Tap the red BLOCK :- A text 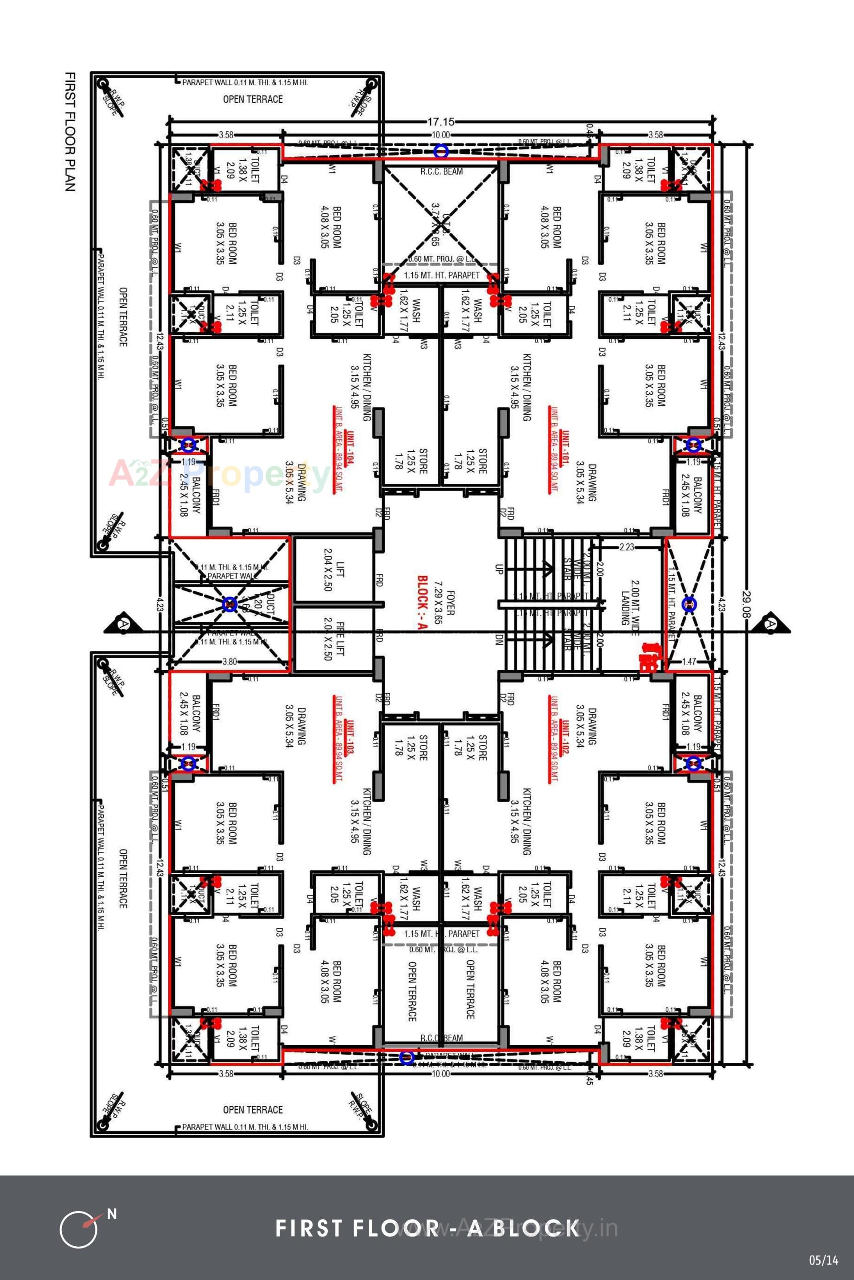pyautogui.click(x=422, y=603)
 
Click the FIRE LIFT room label pyautogui.click(x=334, y=640)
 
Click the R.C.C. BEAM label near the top pyautogui.click(x=441, y=172)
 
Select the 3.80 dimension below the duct pyautogui.click(x=230, y=662)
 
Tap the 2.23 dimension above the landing pyautogui.click(x=627, y=546)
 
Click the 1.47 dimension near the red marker pyautogui.click(x=689, y=662)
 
